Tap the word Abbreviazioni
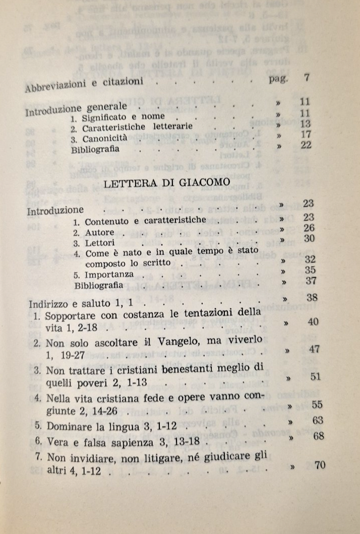point(50,86)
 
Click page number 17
point(305,135)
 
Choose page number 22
point(305,145)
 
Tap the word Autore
point(100,233)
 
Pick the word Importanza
point(110,275)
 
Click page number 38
point(313,297)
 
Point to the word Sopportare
point(70,317)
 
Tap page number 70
point(320,465)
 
